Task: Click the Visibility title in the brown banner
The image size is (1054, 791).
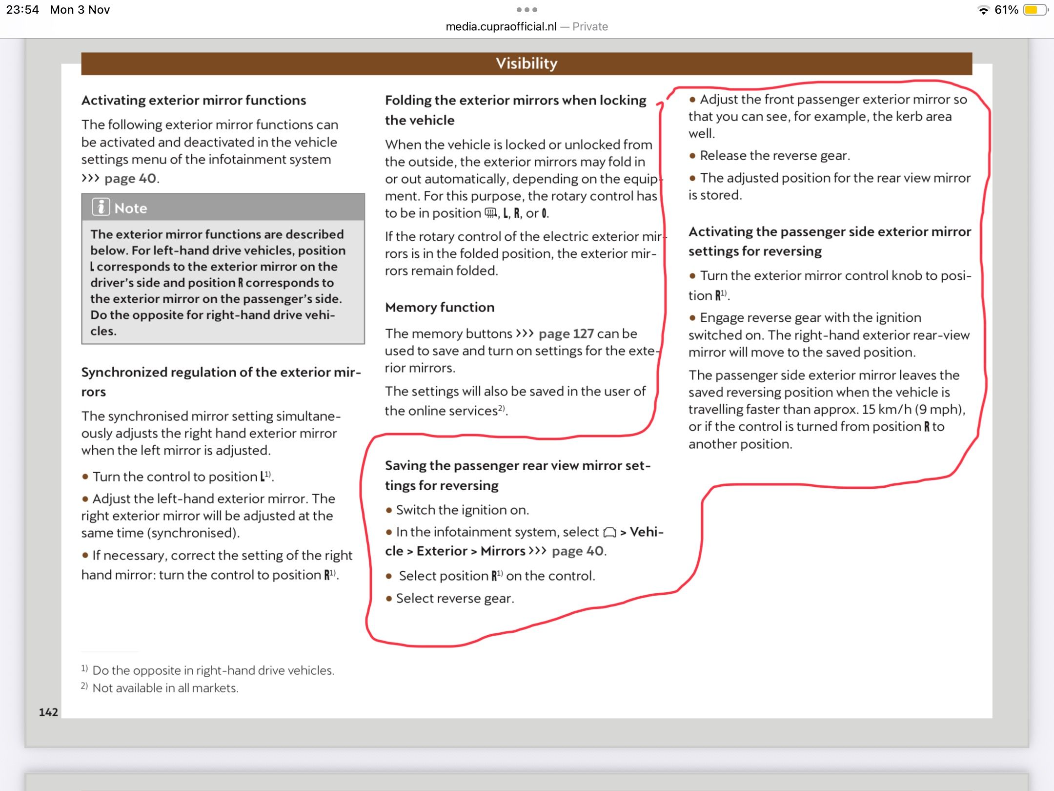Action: (x=527, y=63)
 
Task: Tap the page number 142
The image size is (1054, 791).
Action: (x=48, y=712)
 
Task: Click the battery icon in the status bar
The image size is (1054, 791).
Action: (x=1034, y=10)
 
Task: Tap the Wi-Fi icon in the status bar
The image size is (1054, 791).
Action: (x=983, y=10)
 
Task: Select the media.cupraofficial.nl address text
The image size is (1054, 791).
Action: (x=501, y=27)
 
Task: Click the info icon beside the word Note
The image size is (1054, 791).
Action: (x=101, y=208)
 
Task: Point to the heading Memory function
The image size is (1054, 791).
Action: (x=440, y=307)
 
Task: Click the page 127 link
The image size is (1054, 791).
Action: (x=566, y=334)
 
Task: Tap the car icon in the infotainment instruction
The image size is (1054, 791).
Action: (x=609, y=532)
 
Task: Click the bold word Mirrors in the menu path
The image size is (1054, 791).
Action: (x=503, y=551)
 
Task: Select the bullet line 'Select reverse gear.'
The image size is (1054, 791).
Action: (x=455, y=599)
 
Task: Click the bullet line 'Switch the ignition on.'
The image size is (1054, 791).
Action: (x=462, y=510)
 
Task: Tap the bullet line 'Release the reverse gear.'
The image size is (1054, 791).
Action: (x=775, y=156)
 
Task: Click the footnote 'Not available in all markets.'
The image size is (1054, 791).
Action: (x=165, y=688)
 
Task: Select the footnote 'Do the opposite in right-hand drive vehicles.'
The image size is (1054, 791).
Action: (x=213, y=670)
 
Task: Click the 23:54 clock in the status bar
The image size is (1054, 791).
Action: (x=22, y=10)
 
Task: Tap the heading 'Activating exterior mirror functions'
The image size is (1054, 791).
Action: (x=194, y=101)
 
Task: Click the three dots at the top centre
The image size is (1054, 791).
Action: (x=527, y=10)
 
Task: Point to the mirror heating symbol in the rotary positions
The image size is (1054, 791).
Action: (x=490, y=213)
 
